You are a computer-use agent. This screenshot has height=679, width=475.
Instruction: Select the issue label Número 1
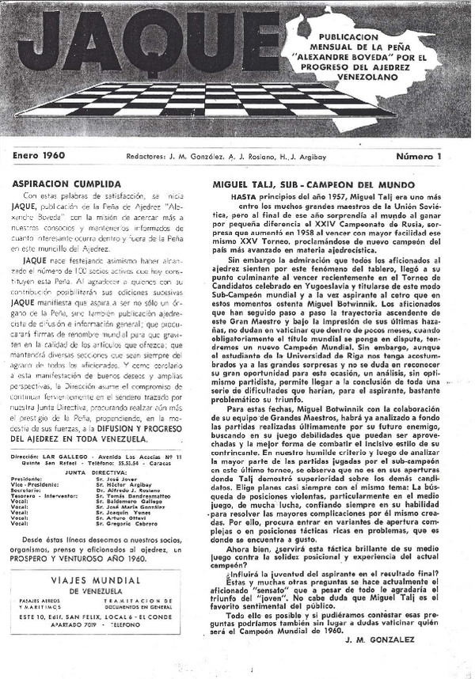pyautogui.click(x=433, y=156)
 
